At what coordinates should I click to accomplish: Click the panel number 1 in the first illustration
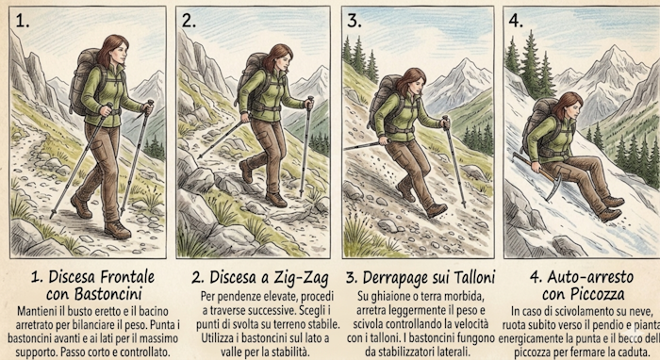pos(23,20)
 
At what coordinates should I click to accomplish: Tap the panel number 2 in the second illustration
pos(189,20)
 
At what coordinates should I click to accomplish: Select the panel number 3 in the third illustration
pos(354,20)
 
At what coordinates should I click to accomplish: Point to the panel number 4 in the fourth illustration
pos(516,20)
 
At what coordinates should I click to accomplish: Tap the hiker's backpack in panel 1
pos(82,81)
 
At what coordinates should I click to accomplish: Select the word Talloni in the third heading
pos(473,278)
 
